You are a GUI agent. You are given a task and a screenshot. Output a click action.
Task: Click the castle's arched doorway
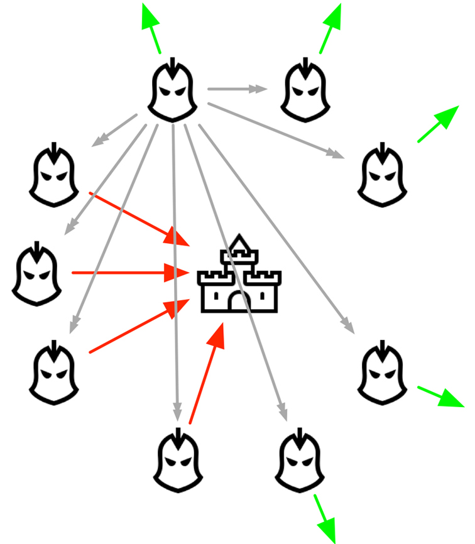point(239,302)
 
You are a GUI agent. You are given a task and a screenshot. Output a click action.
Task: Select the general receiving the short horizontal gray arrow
point(305,93)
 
